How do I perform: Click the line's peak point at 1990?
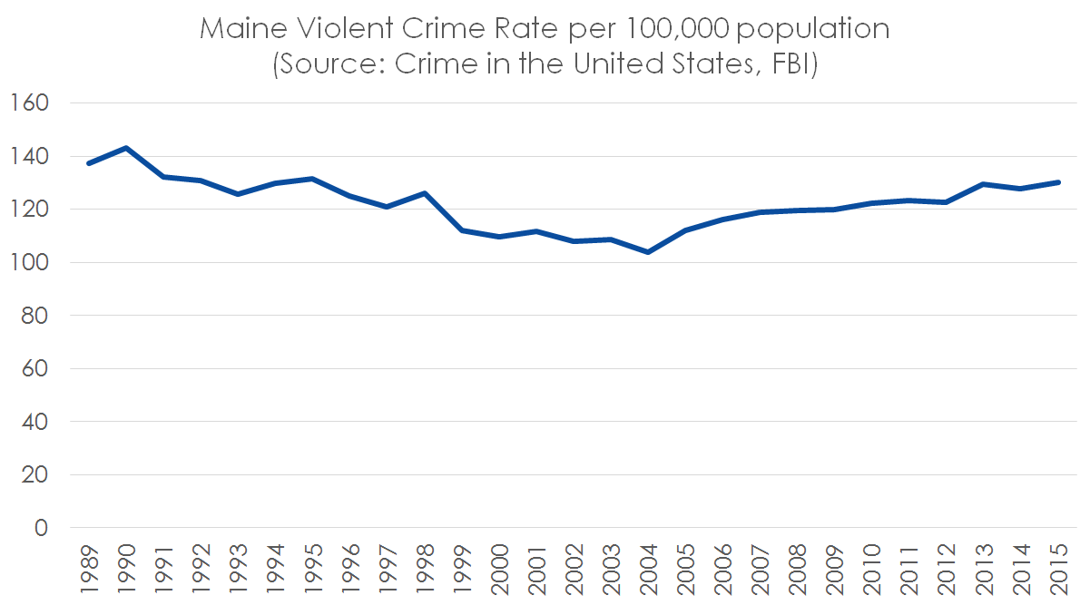[x=126, y=148]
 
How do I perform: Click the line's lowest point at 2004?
[x=648, y=252]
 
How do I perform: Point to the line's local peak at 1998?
[x=425, y=193]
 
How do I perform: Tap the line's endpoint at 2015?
[x=1058, y=182]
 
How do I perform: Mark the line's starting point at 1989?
[x=89, y=163]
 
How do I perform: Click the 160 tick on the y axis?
[x=29, y=103]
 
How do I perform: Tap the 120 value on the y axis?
[x=29, y=210]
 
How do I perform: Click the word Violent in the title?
[x=332, y=29]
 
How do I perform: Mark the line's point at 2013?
[x=984, y=184]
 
